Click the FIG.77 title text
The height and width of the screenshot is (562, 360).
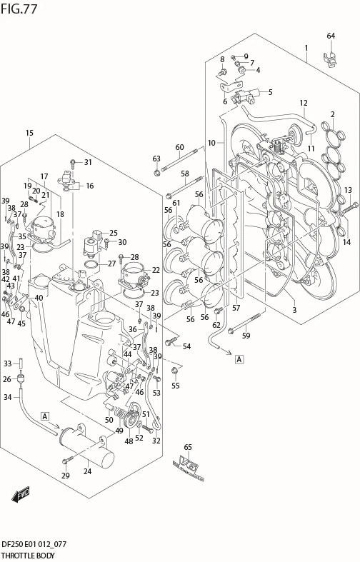pos(20,9)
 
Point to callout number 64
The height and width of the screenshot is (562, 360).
pos(331,36)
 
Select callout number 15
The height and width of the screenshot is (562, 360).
pos(29,133)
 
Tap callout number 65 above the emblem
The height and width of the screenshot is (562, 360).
pos(188,447)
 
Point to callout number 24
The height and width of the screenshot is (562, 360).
pos(88,471)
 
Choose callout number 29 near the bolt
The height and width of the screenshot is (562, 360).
pos(65,476)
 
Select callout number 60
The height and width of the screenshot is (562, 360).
pos(179,147)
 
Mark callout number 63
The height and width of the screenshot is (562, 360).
pos(156,158)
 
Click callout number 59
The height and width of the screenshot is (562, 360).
pos(246,336)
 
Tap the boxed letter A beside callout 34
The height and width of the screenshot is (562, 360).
pos(45,415)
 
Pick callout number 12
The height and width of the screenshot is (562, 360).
pos(303,102)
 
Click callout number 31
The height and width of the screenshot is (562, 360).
pos(88,162)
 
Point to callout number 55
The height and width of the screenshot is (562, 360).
pos(176,386)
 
